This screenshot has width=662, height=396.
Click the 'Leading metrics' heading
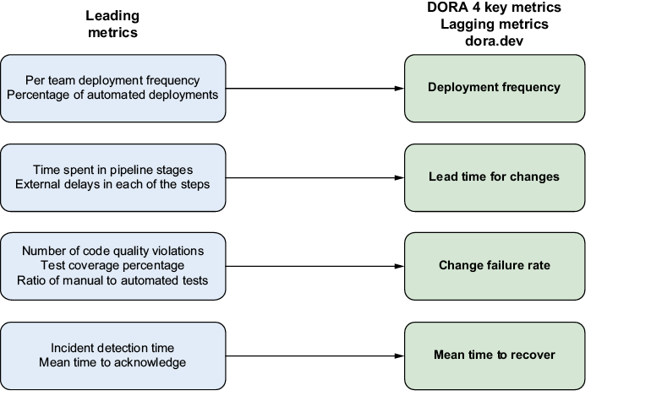(112, 24)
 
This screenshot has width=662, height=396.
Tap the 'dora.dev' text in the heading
(495, 41)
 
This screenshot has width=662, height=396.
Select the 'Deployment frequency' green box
(495, 88)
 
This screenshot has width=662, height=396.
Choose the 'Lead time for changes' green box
(495, 177)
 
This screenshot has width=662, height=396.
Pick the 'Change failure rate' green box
(495, 266)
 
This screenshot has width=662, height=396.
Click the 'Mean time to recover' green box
(495, 356)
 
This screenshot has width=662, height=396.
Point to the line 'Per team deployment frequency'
(112, 80)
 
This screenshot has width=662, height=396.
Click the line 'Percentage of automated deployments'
(112, 95)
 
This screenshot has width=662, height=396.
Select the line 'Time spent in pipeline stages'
(112, 170)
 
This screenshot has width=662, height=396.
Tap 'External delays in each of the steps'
(112, 184)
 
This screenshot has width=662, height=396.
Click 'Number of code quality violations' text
(112, 251)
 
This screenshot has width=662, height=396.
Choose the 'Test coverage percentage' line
(112, 266)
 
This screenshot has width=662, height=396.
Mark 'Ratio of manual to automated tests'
(112, 280)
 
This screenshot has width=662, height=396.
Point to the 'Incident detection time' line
(112, 348)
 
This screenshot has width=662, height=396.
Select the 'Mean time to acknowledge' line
(112, 363)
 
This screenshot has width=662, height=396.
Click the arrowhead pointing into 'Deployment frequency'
(399, 89)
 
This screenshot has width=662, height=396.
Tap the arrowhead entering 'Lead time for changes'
(399, 178)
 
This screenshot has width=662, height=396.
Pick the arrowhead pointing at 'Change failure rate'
(399, 266)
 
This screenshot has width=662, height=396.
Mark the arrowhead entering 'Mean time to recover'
(399, 356)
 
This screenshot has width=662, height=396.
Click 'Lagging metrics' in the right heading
(495, 24)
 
